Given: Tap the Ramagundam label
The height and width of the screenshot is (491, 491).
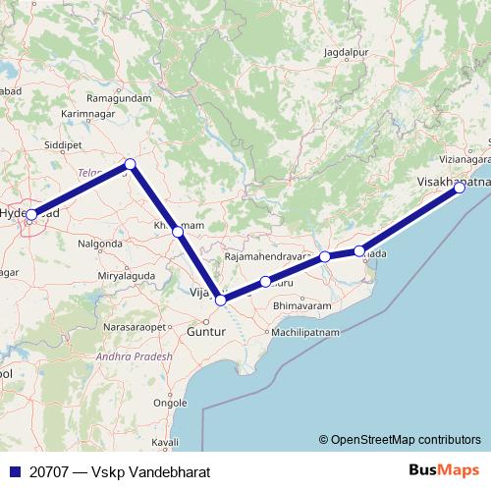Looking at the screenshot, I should pyautogui.click(x=119, y=98).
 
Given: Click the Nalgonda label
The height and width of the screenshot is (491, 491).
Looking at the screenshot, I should pyautogui.click(x=100, y=243).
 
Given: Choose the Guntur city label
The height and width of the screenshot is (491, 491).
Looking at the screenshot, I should pyautogui.click(x=205, y=334).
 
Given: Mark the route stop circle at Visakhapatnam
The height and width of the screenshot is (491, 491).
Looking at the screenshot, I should pyautogui.click(x=459, y=189).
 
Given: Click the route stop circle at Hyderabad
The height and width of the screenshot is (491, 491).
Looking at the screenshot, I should pyautogui.click(x=31, y=214).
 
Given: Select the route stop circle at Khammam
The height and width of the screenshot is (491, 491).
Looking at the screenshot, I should pyautogui.click(x=177, y=232).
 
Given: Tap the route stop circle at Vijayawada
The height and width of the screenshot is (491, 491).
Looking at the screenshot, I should pyautogui.click(x=221, y=300).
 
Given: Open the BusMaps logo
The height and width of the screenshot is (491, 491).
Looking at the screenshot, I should pyautogui.click(x=443, y=470).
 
